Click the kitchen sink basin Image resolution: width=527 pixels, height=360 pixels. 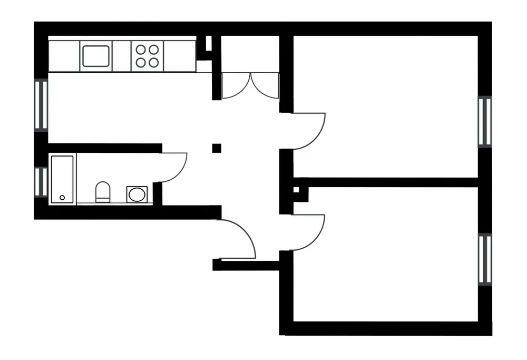(96, 56)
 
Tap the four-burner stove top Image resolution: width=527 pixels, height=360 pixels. (147, 56)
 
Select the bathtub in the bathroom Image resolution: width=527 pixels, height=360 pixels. (62, 179)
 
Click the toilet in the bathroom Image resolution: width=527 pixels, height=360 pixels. (103, 192)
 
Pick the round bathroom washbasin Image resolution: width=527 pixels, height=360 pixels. (136, 194)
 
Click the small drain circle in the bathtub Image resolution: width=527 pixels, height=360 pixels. (62, 198)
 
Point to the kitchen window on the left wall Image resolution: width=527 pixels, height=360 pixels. (41, 104)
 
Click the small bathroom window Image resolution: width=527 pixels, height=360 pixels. (41, 181)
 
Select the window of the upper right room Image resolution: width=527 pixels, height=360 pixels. (485, 121)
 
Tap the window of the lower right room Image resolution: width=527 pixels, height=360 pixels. (485, 259)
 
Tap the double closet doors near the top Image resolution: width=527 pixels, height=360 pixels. (250, 84)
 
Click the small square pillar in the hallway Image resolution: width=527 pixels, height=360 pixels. (217, 148)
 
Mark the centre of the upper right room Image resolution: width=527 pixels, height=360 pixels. (385, 105)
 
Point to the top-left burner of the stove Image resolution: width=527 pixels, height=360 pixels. (141, 50)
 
